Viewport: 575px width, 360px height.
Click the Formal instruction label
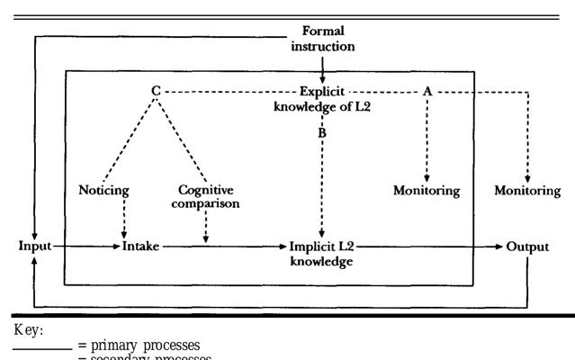[322, 38]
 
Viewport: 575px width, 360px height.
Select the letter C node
[156, 91]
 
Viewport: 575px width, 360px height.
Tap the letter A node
[427, 91]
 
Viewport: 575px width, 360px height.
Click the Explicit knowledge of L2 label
[322, 98]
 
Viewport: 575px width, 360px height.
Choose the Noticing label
[104, 190]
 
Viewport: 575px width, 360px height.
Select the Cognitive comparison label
[208, 197]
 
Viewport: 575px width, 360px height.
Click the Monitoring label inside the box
[427, 191]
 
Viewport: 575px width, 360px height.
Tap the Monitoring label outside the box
[527, 191]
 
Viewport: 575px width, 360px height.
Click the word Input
[33, 246]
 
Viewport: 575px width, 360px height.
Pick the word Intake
[141, 246]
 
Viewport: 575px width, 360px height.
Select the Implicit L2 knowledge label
[321, 253]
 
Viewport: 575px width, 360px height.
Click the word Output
[527, 246]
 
